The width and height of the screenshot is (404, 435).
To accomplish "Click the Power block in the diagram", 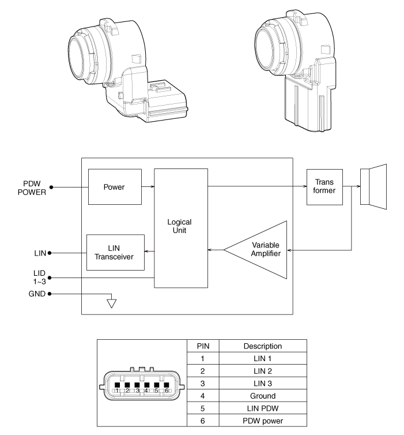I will (114, 187).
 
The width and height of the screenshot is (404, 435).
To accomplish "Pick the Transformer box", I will (324, 187).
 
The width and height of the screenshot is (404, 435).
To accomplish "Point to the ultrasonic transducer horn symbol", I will (374, 187).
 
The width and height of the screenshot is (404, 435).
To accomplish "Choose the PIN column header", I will (203, 346).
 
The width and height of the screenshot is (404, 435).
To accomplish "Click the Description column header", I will (262, 346).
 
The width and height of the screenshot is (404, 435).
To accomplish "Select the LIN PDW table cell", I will (262, 408).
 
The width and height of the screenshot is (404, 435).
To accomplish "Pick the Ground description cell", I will (262, 396).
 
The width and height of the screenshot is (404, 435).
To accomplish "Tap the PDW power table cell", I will (262, 421).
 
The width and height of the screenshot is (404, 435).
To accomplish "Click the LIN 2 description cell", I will (262, 371).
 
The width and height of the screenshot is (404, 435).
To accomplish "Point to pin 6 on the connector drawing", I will (166, 386).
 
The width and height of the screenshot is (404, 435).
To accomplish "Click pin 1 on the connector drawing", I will (117, 386).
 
